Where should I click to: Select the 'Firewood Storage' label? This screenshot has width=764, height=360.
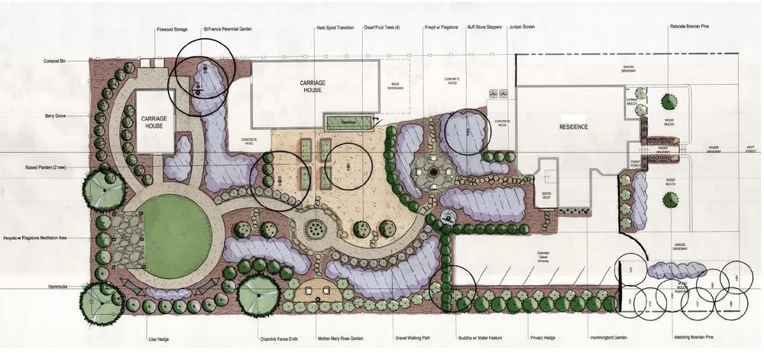point(173,30)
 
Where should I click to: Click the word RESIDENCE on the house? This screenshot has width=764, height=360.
point(574,126)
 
